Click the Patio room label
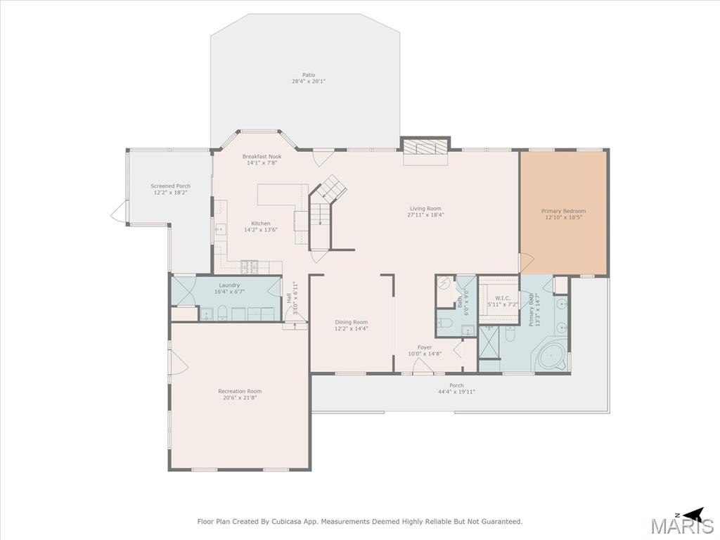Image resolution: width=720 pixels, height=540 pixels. pos(309,75)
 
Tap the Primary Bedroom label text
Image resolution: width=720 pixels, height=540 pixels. pos(563,211)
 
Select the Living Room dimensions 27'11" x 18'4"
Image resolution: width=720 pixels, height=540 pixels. pos(425,215)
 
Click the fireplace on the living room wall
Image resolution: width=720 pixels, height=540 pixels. pos(425,148)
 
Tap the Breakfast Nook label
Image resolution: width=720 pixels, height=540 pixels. pos(262,157)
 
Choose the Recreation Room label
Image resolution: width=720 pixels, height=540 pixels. pos(240,392)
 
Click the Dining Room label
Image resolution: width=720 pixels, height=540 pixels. pos(352,322)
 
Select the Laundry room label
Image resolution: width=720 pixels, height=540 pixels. pos(229,285)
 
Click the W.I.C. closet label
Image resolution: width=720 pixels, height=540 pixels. pos(502,298)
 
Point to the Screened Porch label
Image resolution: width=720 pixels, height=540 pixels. pos(170,186)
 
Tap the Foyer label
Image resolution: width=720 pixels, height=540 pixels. pos(425,347)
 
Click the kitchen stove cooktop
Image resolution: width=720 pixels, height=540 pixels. pos(250,266)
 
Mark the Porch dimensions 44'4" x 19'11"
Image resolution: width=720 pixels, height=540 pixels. pos(456,392)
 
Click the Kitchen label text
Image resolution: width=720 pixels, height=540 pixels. pos(260,224)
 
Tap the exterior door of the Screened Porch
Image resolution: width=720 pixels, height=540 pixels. pos(118,212)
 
